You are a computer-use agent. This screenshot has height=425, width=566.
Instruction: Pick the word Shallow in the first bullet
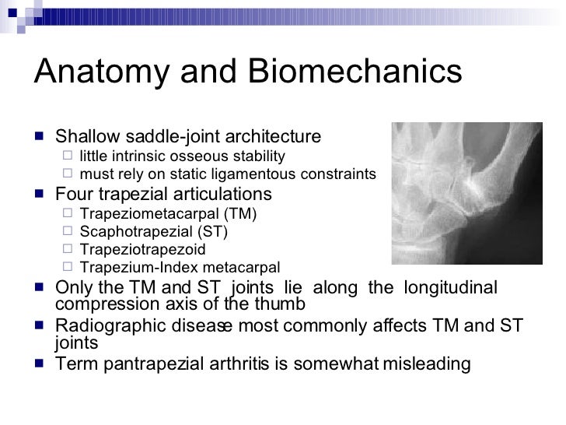click(x=86, y=137)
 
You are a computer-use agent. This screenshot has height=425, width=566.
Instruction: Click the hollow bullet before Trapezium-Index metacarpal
click(x=68, y=269)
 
